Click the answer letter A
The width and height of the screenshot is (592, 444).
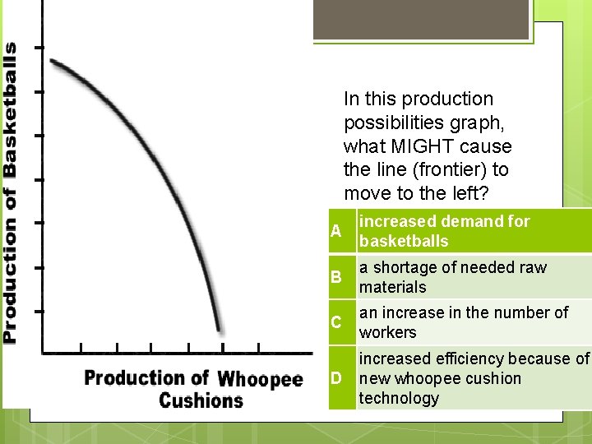[335, 231]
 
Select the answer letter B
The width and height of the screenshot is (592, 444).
[335, 277]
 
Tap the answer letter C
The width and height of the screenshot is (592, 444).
[335, 322]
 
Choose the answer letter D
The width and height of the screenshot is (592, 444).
[335, 378]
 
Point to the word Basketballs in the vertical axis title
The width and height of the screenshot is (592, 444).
[9, 109]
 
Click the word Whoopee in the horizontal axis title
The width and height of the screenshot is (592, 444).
[261, 379]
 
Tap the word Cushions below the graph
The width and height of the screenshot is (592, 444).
[201, 400]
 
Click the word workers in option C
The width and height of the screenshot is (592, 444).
[388, 332]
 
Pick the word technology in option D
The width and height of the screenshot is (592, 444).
[400, 398]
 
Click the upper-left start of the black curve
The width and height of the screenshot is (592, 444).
[53, 61]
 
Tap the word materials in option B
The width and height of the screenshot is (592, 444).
[393, 287]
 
